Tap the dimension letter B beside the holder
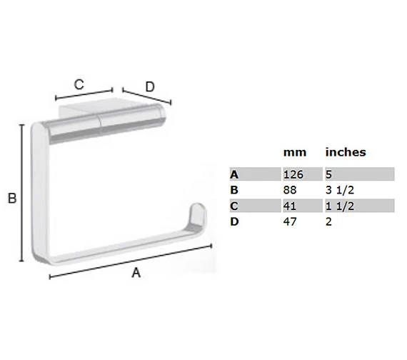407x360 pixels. coord(12,199)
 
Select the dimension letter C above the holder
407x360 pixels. coord(79,84)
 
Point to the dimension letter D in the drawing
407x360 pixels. coord(150,87)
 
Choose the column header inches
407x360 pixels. coord(346,152)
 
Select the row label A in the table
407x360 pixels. coord(234,174)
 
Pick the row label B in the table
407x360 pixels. coord(234,190)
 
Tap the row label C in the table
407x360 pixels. coord(234,206)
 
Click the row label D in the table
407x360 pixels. coord(234,222)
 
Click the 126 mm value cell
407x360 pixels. coord(293,174)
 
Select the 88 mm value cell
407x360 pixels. coord(291,190)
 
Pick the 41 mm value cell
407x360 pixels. coord(290,206)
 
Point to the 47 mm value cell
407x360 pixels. coord(291,222)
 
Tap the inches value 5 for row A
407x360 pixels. coord(329,174)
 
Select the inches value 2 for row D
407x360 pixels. coord(329,222)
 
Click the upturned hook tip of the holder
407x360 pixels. coord(197,213)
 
